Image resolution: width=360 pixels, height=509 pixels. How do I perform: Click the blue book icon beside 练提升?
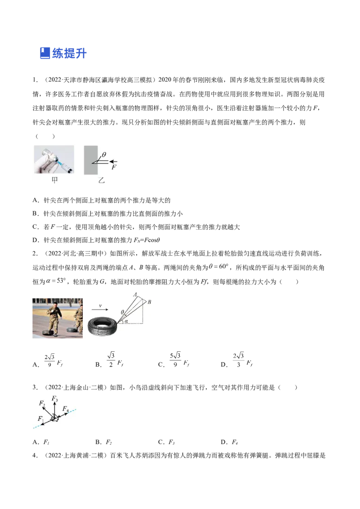45,53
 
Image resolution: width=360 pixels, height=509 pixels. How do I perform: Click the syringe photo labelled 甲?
54,159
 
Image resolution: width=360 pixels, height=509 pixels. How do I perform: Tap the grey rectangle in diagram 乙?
90,160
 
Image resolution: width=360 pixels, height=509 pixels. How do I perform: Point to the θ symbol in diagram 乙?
104,155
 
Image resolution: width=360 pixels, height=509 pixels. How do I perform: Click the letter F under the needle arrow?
114,167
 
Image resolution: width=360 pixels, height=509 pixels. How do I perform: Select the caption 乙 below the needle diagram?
101,180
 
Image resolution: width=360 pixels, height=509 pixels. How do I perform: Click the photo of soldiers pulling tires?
58,318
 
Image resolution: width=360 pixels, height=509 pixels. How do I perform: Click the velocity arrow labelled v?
100,309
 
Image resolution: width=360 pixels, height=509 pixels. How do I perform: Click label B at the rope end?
149,302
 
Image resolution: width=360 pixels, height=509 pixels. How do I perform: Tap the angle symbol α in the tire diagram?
126,321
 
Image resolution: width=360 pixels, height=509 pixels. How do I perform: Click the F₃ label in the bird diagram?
54,398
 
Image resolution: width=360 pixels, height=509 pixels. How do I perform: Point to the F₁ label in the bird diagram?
40,419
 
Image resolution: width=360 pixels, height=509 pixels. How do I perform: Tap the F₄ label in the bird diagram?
66,409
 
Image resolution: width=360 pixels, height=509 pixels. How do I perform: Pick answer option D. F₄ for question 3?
229,442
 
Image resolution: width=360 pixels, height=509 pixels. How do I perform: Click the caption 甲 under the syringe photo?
54,180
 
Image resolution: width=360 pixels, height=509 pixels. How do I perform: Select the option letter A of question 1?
35,200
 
